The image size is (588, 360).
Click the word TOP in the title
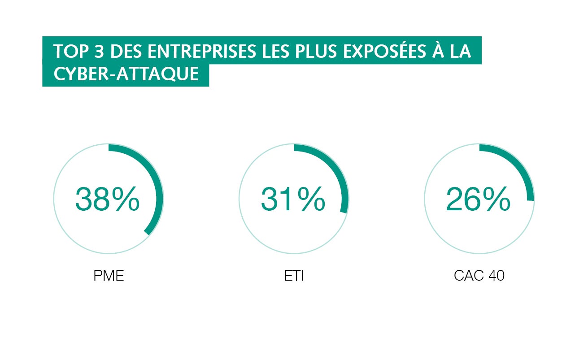coord(70,51)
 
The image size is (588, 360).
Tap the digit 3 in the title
coord(99,51)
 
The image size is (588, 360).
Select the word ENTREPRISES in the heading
coord(201,51)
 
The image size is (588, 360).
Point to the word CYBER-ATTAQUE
coord(126,74)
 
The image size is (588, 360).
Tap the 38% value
coord(107,199)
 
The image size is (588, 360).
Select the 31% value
coord(293,199)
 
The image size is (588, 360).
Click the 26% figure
coord(478,199)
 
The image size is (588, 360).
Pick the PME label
coord(109,276)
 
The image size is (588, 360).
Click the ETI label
coord(294,276)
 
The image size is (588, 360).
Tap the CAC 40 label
coord(479,276)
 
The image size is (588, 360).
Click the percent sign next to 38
coord(126,199)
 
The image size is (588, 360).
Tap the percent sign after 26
coord(497,199)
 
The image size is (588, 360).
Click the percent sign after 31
coord(311,199)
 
